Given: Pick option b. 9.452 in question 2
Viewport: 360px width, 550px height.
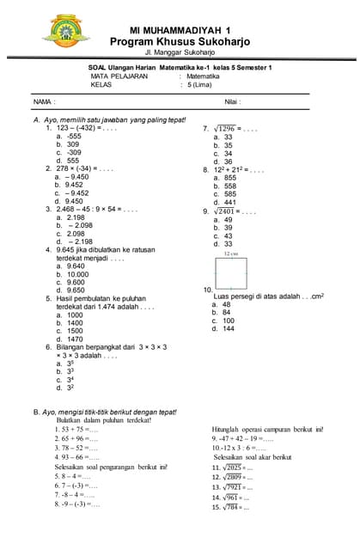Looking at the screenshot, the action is coord(69,185).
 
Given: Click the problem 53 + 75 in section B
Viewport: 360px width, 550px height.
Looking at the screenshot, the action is coord(76,429).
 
